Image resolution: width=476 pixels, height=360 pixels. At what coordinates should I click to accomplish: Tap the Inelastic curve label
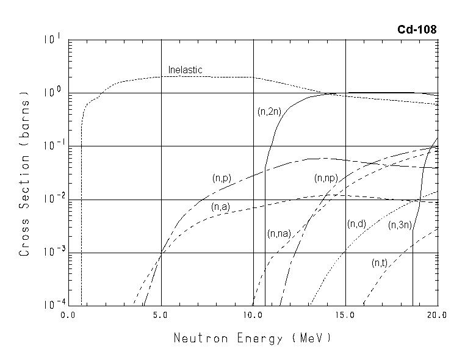point(185,70)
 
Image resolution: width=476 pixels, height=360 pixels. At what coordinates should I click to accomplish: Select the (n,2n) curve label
point(269,112)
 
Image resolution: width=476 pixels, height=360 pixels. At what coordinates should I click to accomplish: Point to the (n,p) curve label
point(222,178)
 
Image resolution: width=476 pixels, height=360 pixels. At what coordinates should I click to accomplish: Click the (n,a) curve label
point(220,207)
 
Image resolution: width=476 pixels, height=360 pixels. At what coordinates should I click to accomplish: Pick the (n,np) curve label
point(326,178)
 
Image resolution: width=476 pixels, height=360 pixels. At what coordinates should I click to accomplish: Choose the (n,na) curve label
point(278,234)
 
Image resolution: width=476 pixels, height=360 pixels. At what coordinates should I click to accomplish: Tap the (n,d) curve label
point(356,224)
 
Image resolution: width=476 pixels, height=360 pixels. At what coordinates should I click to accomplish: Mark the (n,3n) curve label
point(400,225)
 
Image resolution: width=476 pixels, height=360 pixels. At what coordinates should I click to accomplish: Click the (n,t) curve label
point(380,263)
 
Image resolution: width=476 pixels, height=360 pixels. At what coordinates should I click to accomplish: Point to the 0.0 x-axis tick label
point(68,315)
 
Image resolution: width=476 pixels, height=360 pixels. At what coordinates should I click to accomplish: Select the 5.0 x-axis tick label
point(161,315)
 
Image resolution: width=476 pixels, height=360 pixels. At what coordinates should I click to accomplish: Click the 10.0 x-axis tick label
point(253,315)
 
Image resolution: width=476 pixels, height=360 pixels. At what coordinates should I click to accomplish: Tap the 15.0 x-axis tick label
point(345,315)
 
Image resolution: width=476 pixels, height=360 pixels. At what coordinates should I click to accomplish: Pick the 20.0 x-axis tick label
point(437,315)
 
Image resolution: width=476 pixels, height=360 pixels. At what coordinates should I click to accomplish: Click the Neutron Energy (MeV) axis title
point(253,337)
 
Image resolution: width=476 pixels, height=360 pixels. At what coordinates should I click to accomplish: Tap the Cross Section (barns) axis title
point(25,173)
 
